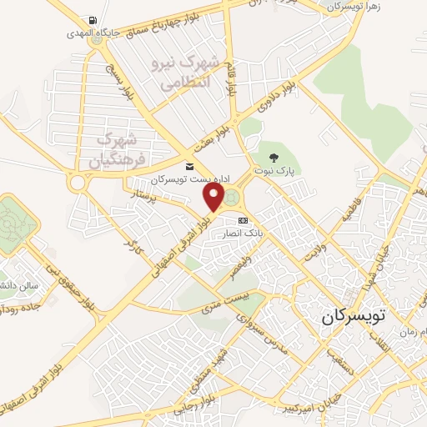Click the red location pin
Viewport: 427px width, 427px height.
[x=213, y=197]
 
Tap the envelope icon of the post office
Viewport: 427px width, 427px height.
[x=188, y=167]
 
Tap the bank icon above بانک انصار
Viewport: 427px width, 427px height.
[x=243, y=220]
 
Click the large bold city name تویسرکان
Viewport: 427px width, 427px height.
[x=354, y=318]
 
